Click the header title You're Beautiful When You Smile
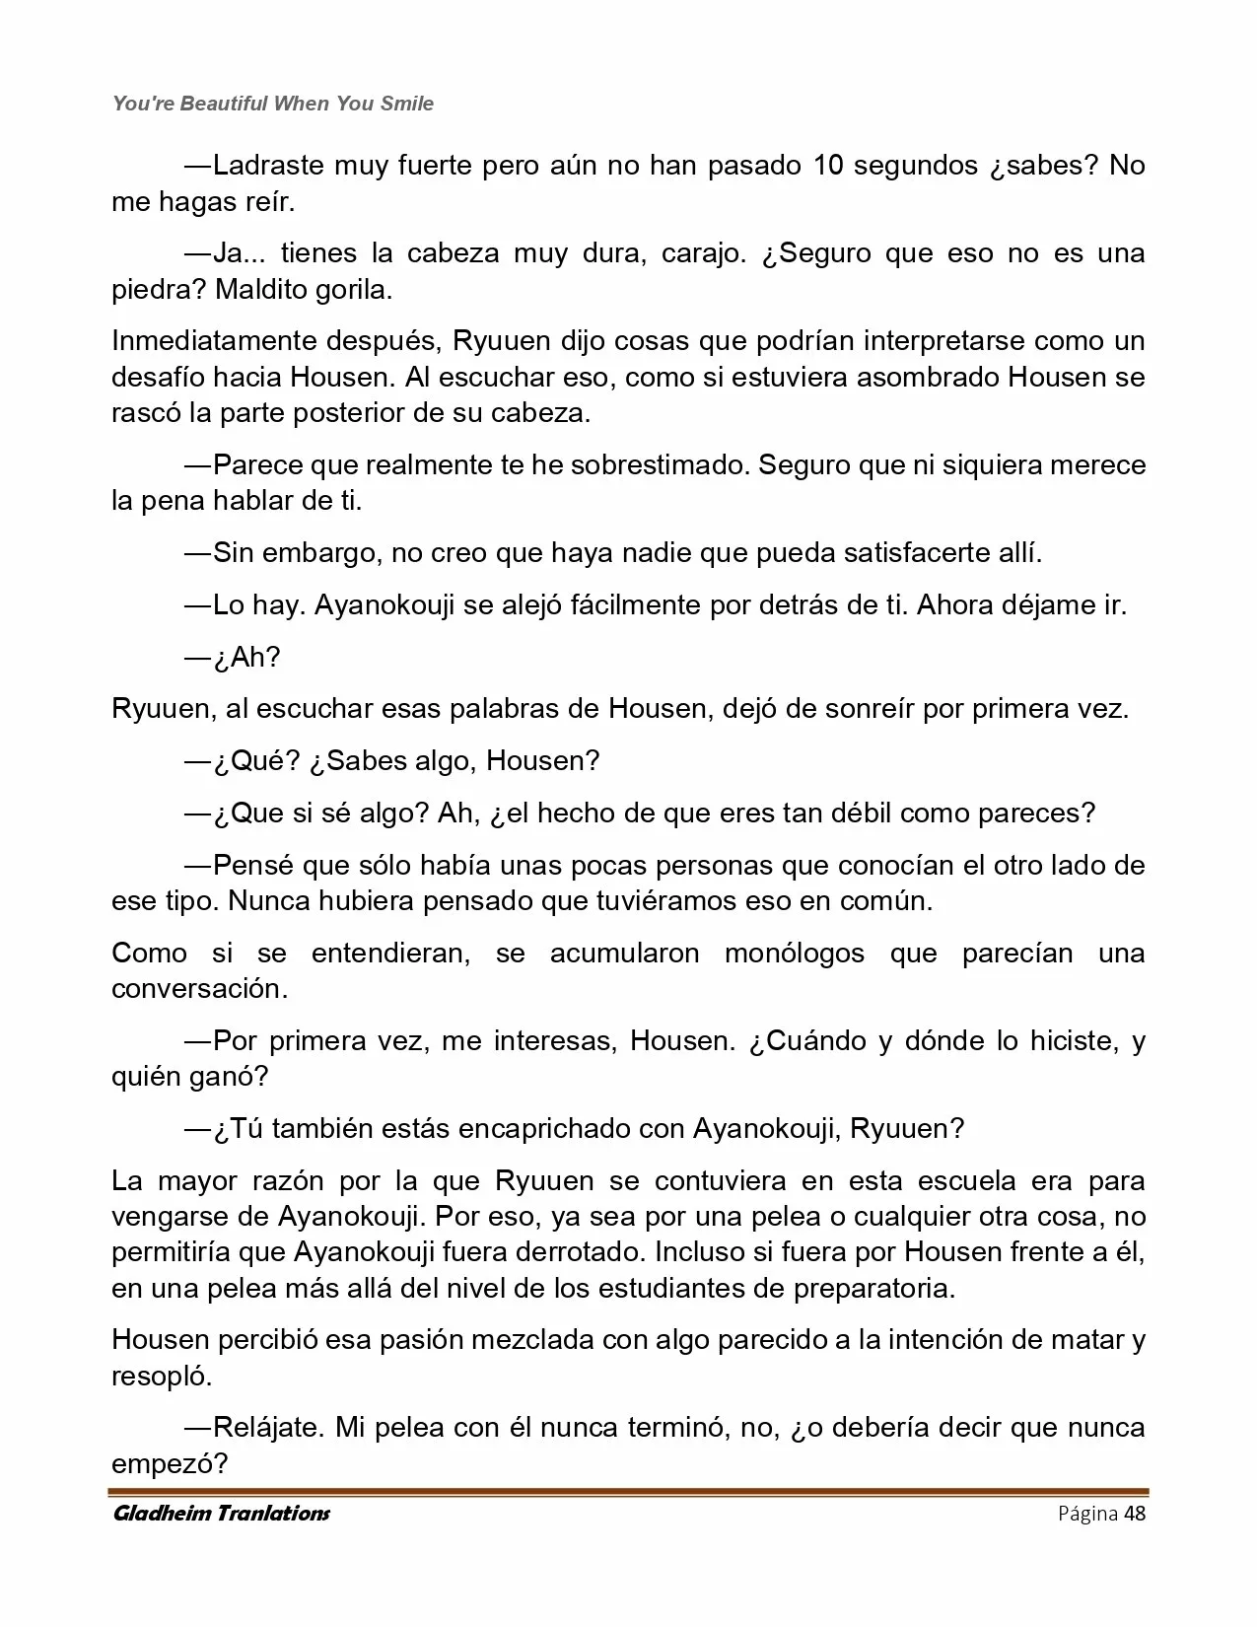(x=273, y=104)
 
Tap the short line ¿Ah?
(x=245, y=657)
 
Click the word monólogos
(x=794, y=954)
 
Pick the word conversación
(x=199, y=989)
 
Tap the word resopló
(x=162, y=1376)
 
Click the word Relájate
(x=268, y=1427)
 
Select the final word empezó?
(x=170, y=1463)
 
